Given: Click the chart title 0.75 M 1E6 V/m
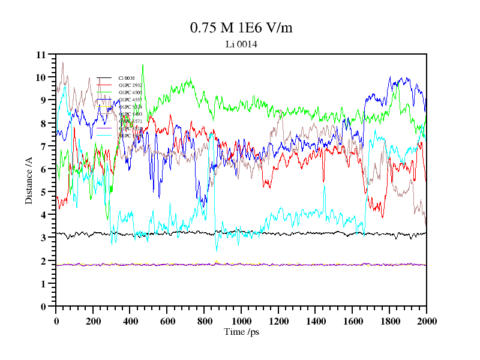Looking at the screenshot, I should (241, 28).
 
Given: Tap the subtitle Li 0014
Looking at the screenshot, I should (241, 44).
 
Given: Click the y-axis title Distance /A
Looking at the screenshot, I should (28, 180).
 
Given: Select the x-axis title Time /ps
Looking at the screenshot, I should (241, 332).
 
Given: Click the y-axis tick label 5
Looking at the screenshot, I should (43, 192).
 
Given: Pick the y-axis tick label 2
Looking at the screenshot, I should (43, 261).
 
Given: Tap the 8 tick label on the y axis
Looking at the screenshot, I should (43, 124).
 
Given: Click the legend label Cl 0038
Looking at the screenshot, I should (127, 78).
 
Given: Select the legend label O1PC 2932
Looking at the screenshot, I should (130, 85).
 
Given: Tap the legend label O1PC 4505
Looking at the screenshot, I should (130, 92).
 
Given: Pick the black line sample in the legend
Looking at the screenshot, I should (104, 78).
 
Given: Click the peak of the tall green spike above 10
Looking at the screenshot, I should (143, 65).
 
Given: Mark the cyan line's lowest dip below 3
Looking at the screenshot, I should (217, 250).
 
